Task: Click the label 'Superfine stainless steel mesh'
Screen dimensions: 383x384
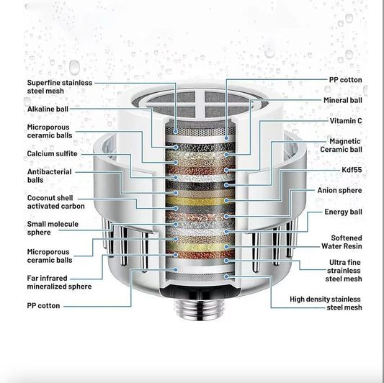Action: tap(59, 86)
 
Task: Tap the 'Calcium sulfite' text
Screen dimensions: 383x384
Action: tap(52, 153)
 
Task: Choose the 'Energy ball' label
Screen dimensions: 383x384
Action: tap(342, 212)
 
